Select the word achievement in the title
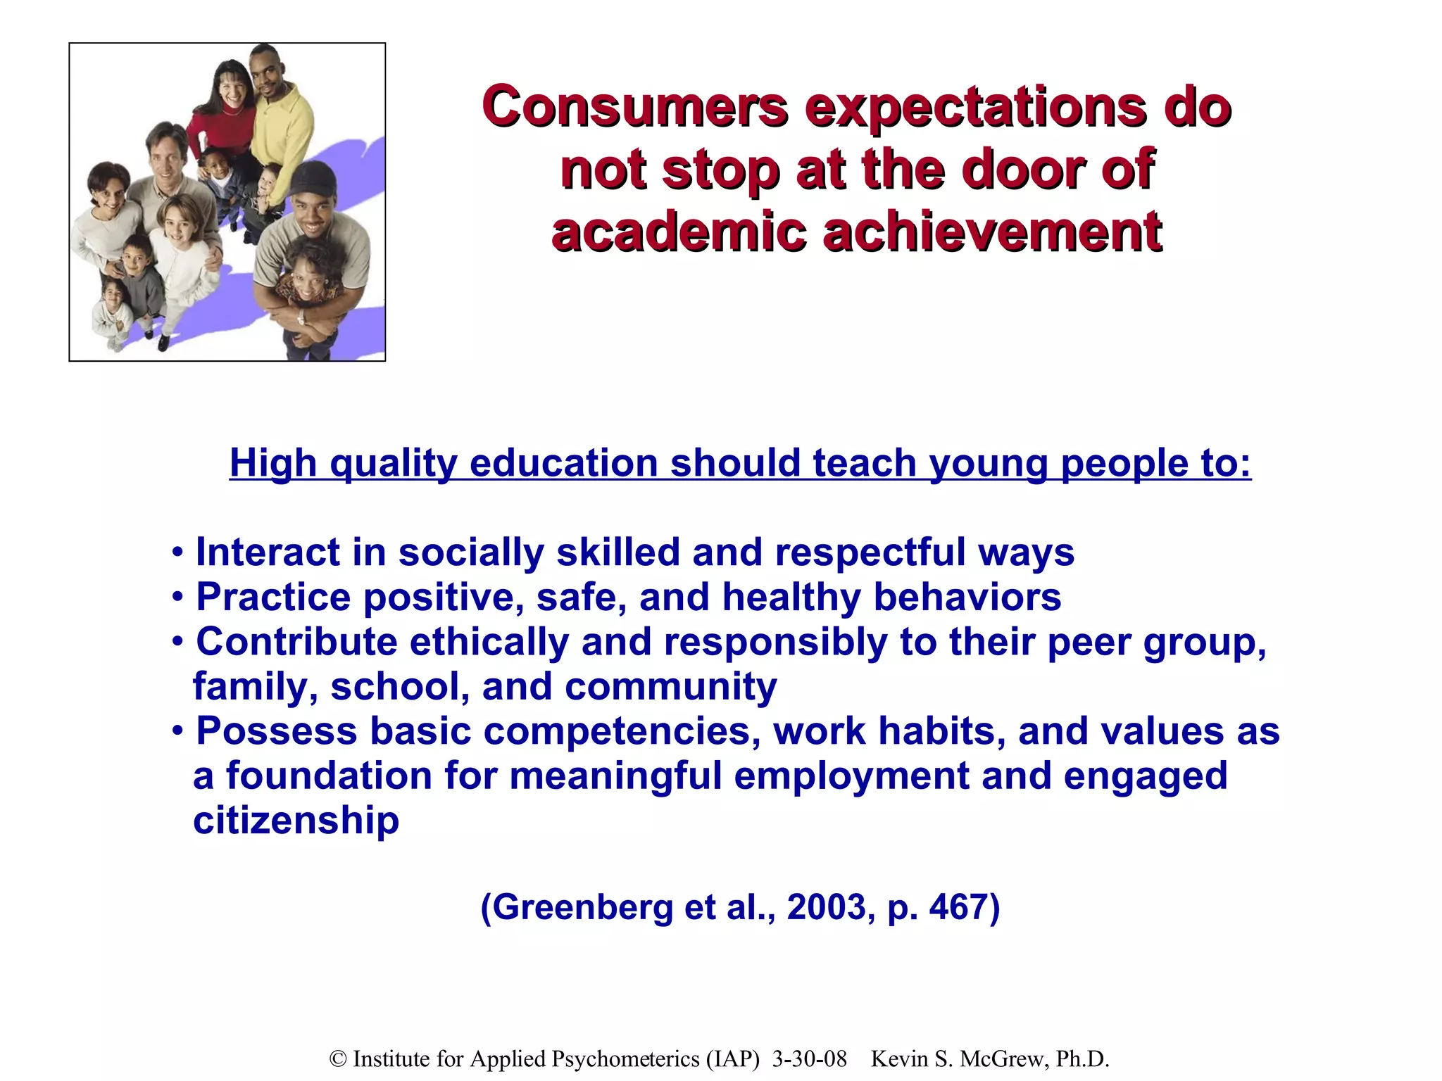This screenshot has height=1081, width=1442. [993, 232]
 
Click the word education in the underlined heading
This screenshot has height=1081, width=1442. [563, 463]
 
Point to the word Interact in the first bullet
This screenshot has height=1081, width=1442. [268, 552]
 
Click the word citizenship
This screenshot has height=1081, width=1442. [296, 821]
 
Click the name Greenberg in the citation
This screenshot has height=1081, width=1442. [583, 907]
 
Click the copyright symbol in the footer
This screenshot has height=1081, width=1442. [338, 1059]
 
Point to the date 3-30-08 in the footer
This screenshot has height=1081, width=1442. [809, 1059]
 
